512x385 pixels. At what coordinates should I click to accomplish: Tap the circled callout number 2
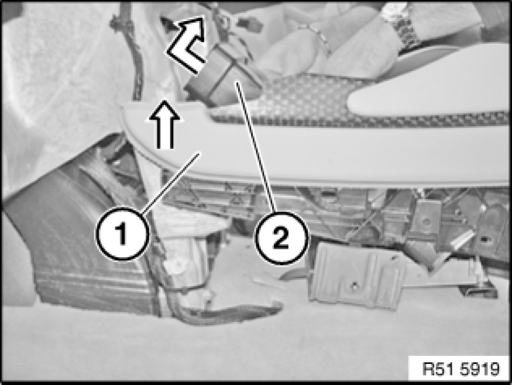281,238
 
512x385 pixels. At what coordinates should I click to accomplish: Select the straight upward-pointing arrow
164,124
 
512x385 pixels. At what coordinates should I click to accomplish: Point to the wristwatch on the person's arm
403,25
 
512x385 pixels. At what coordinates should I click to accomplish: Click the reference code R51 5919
461,369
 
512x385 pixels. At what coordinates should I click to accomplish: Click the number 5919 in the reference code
480,369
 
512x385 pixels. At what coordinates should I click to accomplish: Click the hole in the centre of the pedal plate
353,286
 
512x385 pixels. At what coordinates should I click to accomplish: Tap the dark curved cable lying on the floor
229,313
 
